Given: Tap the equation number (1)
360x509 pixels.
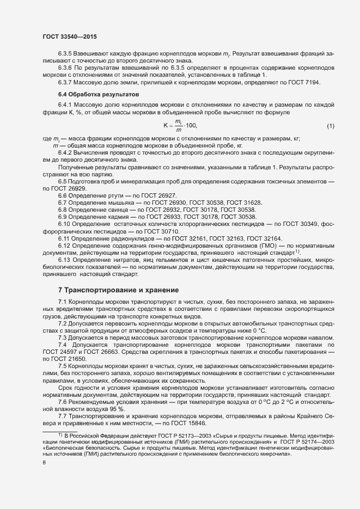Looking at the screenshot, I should pyautogui.click(x=330, y=126).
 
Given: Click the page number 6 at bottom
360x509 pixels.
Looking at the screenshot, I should pyautogui.click(x=45, y=463).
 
